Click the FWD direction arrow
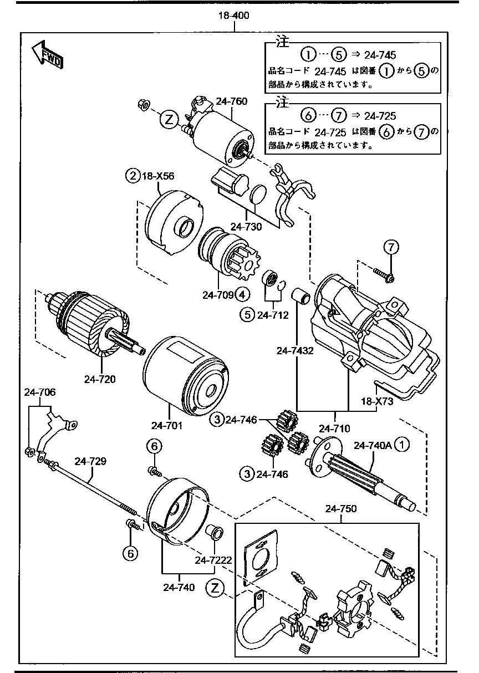[x=47, y=54]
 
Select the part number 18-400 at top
[x=233, y=16]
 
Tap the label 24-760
[x=232, y=101]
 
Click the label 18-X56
[x=158, y=176]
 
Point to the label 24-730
[x=246, y=227]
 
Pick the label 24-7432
[x=295, y=350]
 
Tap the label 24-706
[x=39, y=392]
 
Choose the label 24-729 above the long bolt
[x=90, y=461]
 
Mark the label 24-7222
[x=213, y=560]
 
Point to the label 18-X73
[x=378, y=401]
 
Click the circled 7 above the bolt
[x=391, y=247]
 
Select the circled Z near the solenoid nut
[x=169, y=119]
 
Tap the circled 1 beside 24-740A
[x=402, y=445]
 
